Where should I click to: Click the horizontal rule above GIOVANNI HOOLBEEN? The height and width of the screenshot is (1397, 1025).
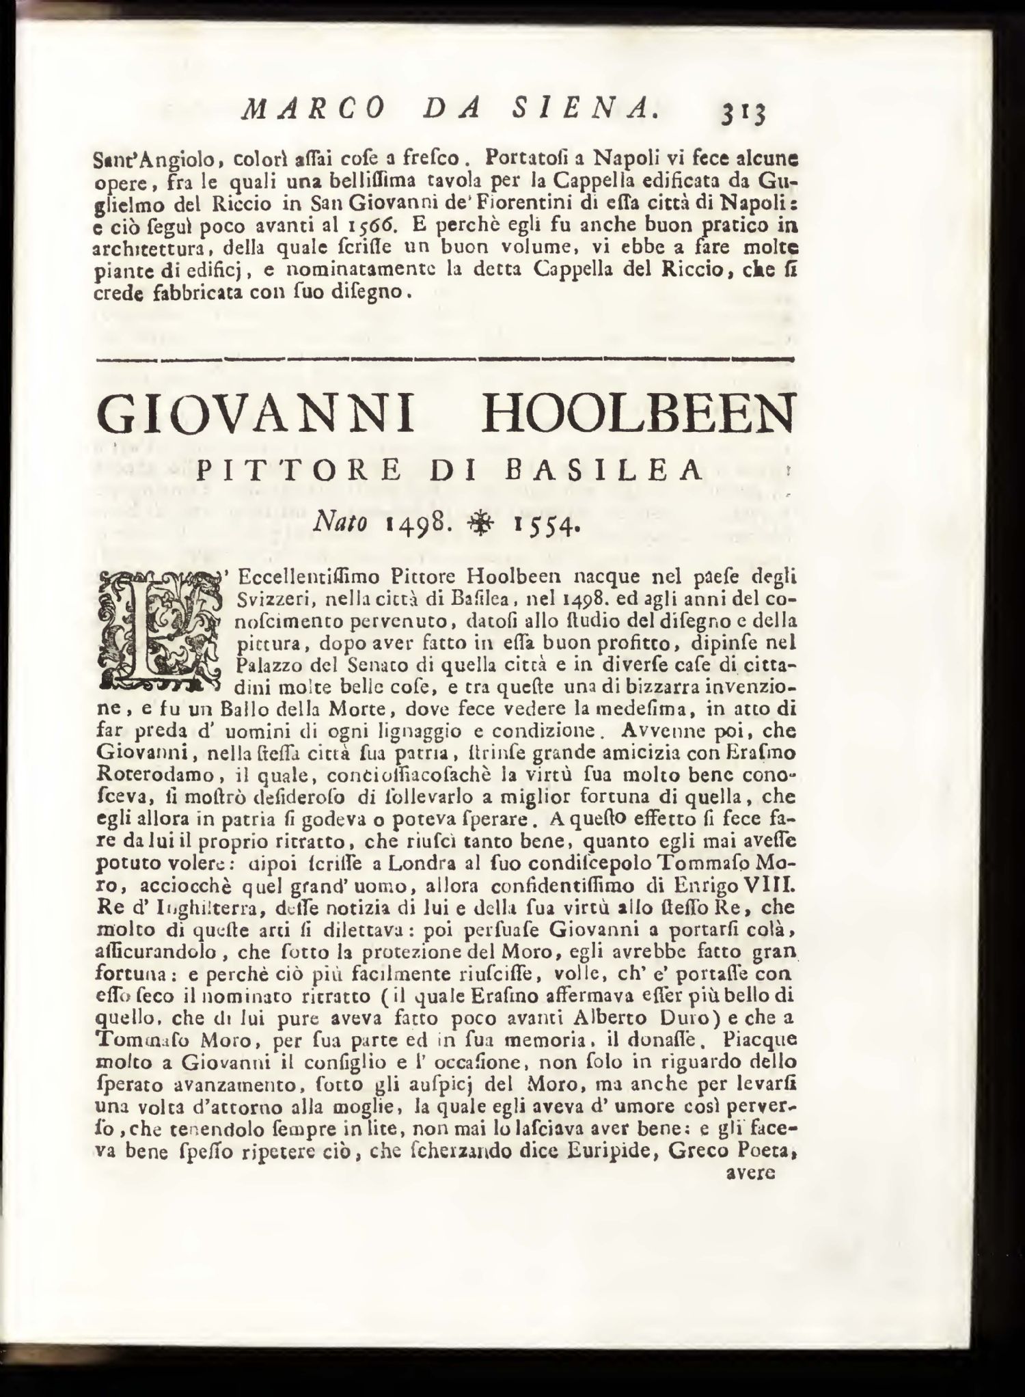[446, 358]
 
